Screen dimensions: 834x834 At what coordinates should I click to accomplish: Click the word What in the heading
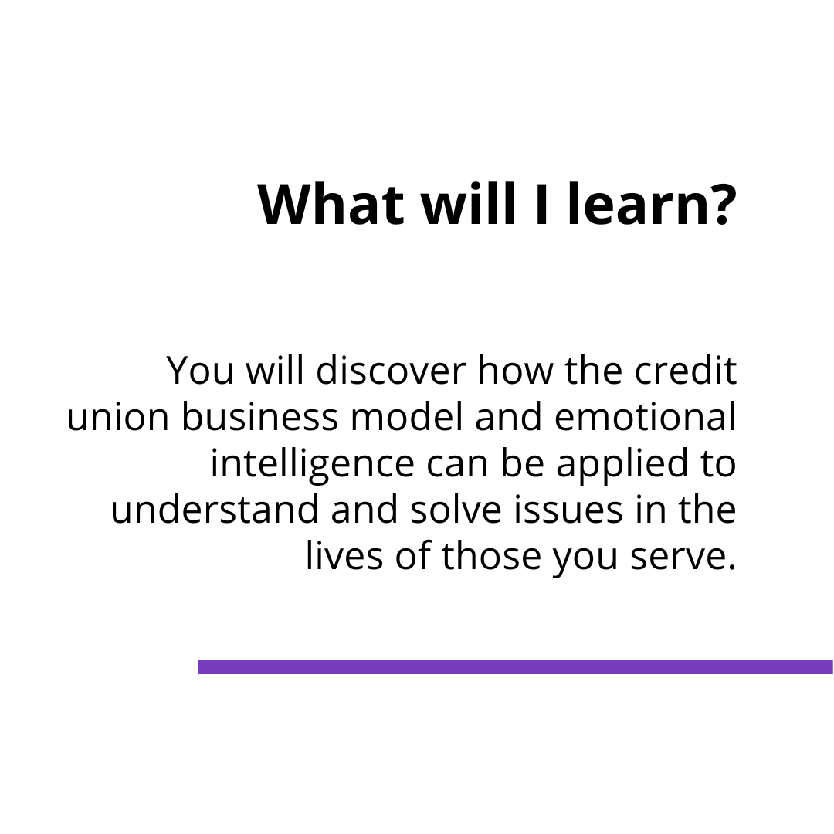pyautogui.click(x=330, y=205)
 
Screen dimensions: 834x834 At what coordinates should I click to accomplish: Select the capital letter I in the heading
pyautogui.click(x=541, y=205)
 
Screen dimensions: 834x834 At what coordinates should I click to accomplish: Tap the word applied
pyautogui.click(x=618, y=465)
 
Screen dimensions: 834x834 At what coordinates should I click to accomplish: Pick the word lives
pyautogui.click(x=344, y=556)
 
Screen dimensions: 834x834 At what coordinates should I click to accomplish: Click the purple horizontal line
pyautogui.click(x=515, y=667)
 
